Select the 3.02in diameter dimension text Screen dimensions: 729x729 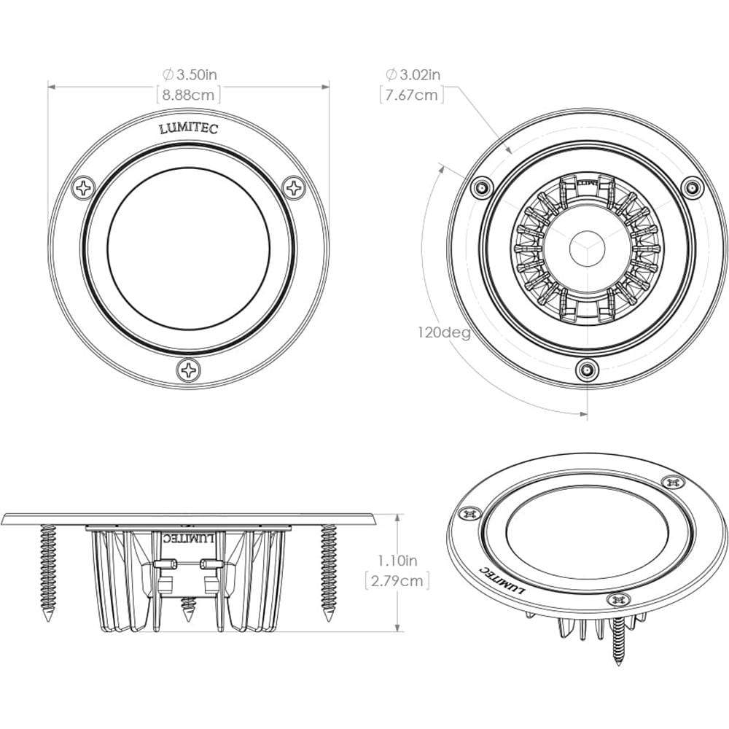413,74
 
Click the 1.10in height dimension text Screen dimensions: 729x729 397,561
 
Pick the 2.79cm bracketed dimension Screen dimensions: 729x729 397,580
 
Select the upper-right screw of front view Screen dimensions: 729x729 295,187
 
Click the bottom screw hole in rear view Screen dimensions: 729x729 585,370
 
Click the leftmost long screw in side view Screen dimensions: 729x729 49,572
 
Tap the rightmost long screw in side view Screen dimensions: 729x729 329,572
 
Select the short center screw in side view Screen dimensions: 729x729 189,608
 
